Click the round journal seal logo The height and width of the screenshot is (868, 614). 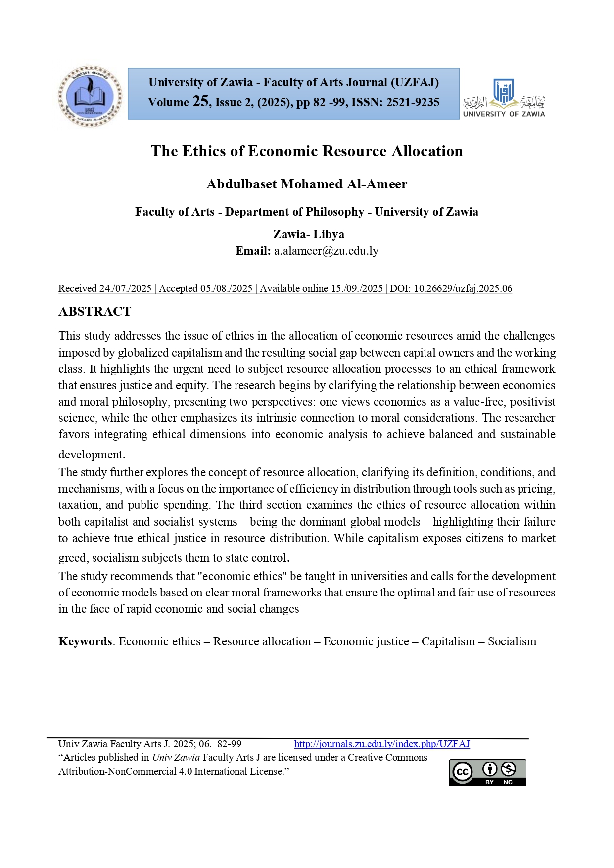(90, 96)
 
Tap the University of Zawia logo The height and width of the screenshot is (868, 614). (504, 97)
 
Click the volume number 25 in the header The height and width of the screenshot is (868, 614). (200, 101)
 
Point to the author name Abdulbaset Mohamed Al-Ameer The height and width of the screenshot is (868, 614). (307, 184)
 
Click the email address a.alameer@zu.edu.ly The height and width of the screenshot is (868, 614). (326, 251)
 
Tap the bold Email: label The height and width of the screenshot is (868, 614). (253, 251)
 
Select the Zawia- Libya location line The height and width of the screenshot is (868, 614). (308, 234)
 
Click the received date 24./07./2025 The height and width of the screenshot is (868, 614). (125, 288)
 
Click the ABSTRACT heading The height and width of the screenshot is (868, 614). (95, 311)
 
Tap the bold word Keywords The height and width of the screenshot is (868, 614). (85, 641)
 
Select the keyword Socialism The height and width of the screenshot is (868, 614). (512, 641)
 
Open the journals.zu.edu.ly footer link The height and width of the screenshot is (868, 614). (382, 744)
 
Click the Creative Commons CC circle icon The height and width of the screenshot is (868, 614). (463, 772)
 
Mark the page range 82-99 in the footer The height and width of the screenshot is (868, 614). (230, 744)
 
